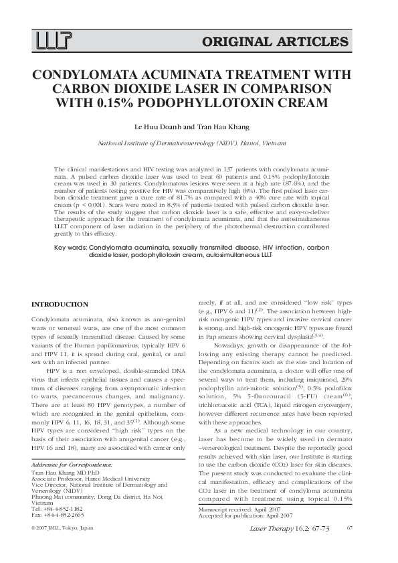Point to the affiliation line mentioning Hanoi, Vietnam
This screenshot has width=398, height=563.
tap(192, 143)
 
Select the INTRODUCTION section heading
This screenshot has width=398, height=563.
tap(60, 305)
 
